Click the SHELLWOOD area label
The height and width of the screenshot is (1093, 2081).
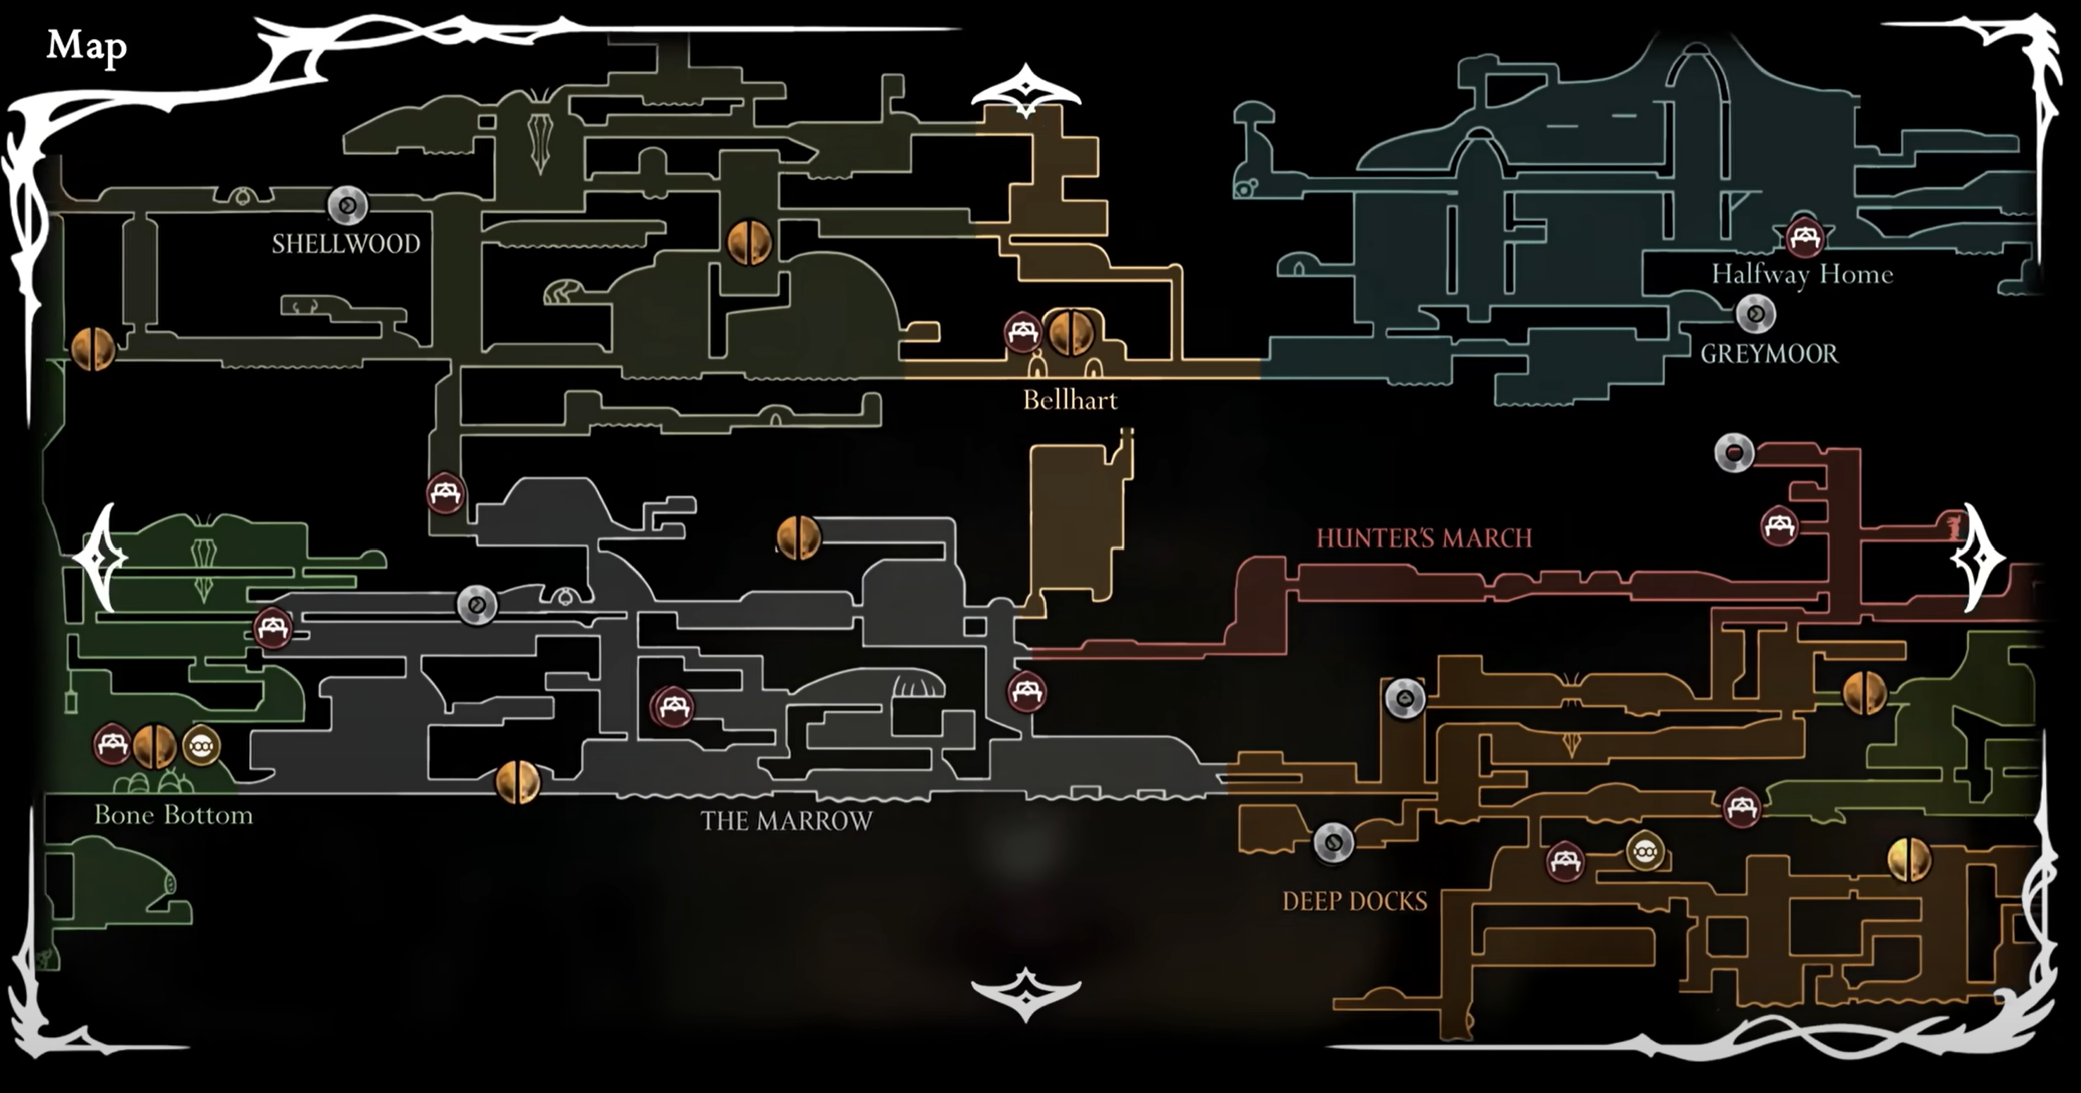click(346, 244)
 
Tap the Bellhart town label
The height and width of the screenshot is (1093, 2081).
click(1069, 400)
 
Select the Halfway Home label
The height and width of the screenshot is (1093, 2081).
click(1802, 274)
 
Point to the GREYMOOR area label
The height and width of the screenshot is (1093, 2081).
click(1768, 354)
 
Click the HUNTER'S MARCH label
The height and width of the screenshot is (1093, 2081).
click(1423, 538)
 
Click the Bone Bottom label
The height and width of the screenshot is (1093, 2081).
click(174, 815)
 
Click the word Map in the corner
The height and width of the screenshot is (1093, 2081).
click(86, 46)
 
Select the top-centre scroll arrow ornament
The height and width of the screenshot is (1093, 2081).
click(1025, 90)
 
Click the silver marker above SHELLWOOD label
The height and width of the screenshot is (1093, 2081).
click(347, 206)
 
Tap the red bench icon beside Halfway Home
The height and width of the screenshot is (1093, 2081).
click(1805, 237)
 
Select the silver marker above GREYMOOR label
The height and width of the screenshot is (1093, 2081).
click(1755, 314)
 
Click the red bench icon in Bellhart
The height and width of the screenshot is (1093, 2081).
click(1023, 331)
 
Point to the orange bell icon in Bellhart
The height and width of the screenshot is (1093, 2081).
click(1070, 331)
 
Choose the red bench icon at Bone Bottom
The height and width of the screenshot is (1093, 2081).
click(112, 745)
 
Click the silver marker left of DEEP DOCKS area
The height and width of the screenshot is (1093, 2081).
click(1333, 843)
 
